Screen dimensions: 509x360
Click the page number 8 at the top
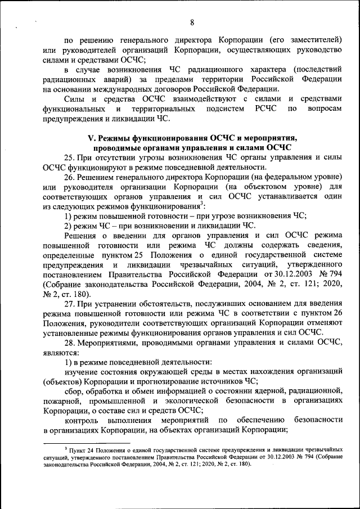point(192,22)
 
